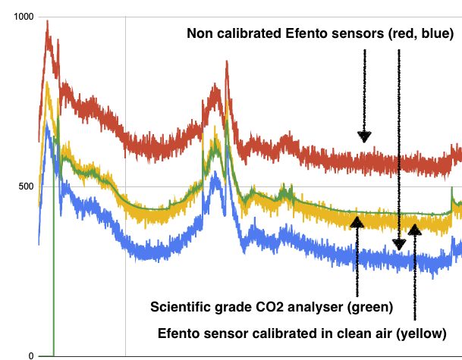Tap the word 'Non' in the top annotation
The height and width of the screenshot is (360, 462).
point(201,34)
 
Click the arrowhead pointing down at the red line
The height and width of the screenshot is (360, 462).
point(364,136)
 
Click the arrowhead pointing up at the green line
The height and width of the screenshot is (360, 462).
point(357,222)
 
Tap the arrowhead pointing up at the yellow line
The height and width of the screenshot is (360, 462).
point(414,229)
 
